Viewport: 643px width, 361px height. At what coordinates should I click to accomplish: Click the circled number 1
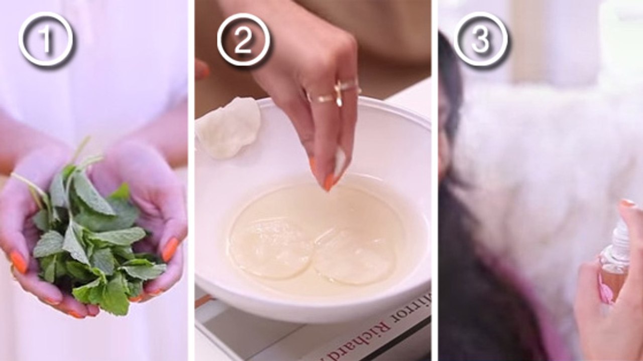tap(46, 40)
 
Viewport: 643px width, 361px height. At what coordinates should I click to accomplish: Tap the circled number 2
tap(244, 40)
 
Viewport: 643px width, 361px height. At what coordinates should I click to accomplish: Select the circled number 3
tap(481, 40)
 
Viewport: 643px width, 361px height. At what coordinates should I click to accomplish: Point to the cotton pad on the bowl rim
tap(229, 127)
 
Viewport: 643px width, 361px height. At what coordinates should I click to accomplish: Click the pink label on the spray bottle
tap(605, 288)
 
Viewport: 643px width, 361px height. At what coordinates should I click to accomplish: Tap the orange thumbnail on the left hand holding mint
tap(19, 261)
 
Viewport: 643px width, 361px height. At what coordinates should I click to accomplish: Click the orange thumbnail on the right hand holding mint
tap(170, 249)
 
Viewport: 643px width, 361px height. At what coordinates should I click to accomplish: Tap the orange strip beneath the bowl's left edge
tap(204, 300)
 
